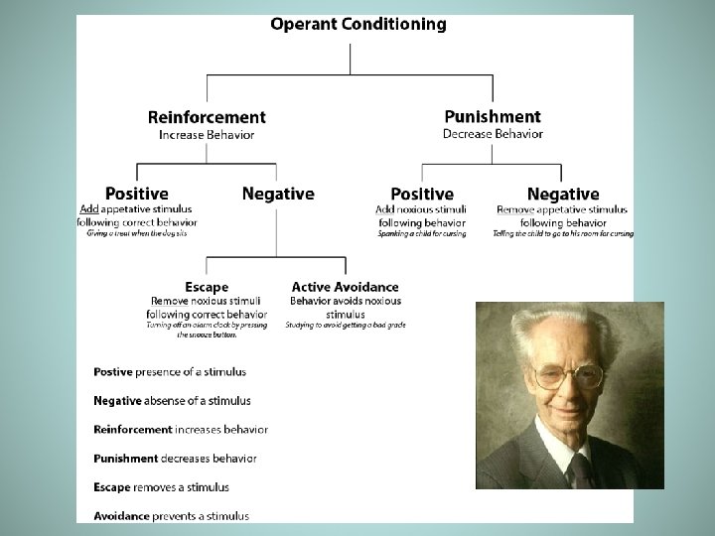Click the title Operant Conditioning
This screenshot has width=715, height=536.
click(x=358, y=24)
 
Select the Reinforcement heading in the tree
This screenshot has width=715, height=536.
click(x=207, y=117)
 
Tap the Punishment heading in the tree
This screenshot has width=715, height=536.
click(x=493, y=117)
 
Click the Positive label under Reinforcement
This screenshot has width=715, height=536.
click(x=137, y=194)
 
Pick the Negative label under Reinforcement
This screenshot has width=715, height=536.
click(x=278, y=194)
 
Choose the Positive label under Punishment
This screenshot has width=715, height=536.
click(x=422, y=194)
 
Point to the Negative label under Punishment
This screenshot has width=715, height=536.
click(x=563, y=194)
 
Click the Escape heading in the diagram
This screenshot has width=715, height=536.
click(x=207, y=287)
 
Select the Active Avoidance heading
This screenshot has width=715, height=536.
click(x=346, y=287)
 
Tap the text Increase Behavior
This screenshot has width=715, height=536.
click(x=207, y=135)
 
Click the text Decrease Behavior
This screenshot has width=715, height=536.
click(x=493, y=134)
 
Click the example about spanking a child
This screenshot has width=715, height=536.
click(x=422, y=234)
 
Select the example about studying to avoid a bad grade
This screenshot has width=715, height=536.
click(x=346, y=326)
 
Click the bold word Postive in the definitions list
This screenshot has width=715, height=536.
click(x=113, y=372)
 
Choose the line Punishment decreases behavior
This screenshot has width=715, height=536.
click(x=176, y=459)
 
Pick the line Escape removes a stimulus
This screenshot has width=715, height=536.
click(x=162, y=487)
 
